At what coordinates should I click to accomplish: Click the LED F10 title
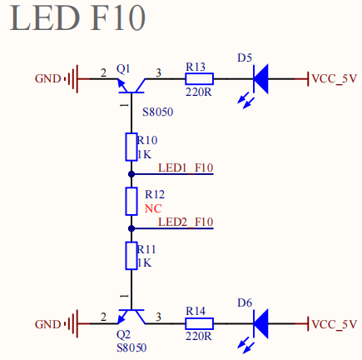point(77,17)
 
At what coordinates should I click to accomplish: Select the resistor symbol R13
point(199,79)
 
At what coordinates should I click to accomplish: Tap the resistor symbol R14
point(199,323)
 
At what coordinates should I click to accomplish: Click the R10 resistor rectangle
point(131,147)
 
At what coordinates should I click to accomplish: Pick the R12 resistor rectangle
point(131,202)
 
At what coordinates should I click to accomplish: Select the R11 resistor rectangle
point(131,256)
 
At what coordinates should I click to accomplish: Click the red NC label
point(153,208)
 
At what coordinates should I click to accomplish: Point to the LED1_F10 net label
point(186,167)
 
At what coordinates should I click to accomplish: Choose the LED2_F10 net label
point(186,222)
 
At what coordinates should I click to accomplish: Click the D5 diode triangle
point(260,79)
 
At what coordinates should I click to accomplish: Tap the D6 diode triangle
point(260,323)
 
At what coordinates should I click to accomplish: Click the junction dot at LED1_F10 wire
point(131,174)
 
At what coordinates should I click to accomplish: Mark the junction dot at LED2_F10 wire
point(131,228)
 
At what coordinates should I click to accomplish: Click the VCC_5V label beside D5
point(334,79)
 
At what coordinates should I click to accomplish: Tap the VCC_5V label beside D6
point(334,324)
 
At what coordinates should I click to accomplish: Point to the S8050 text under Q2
point(131,347)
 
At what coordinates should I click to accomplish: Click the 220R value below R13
point(199,92)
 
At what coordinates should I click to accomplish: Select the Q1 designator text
point(123,68)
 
